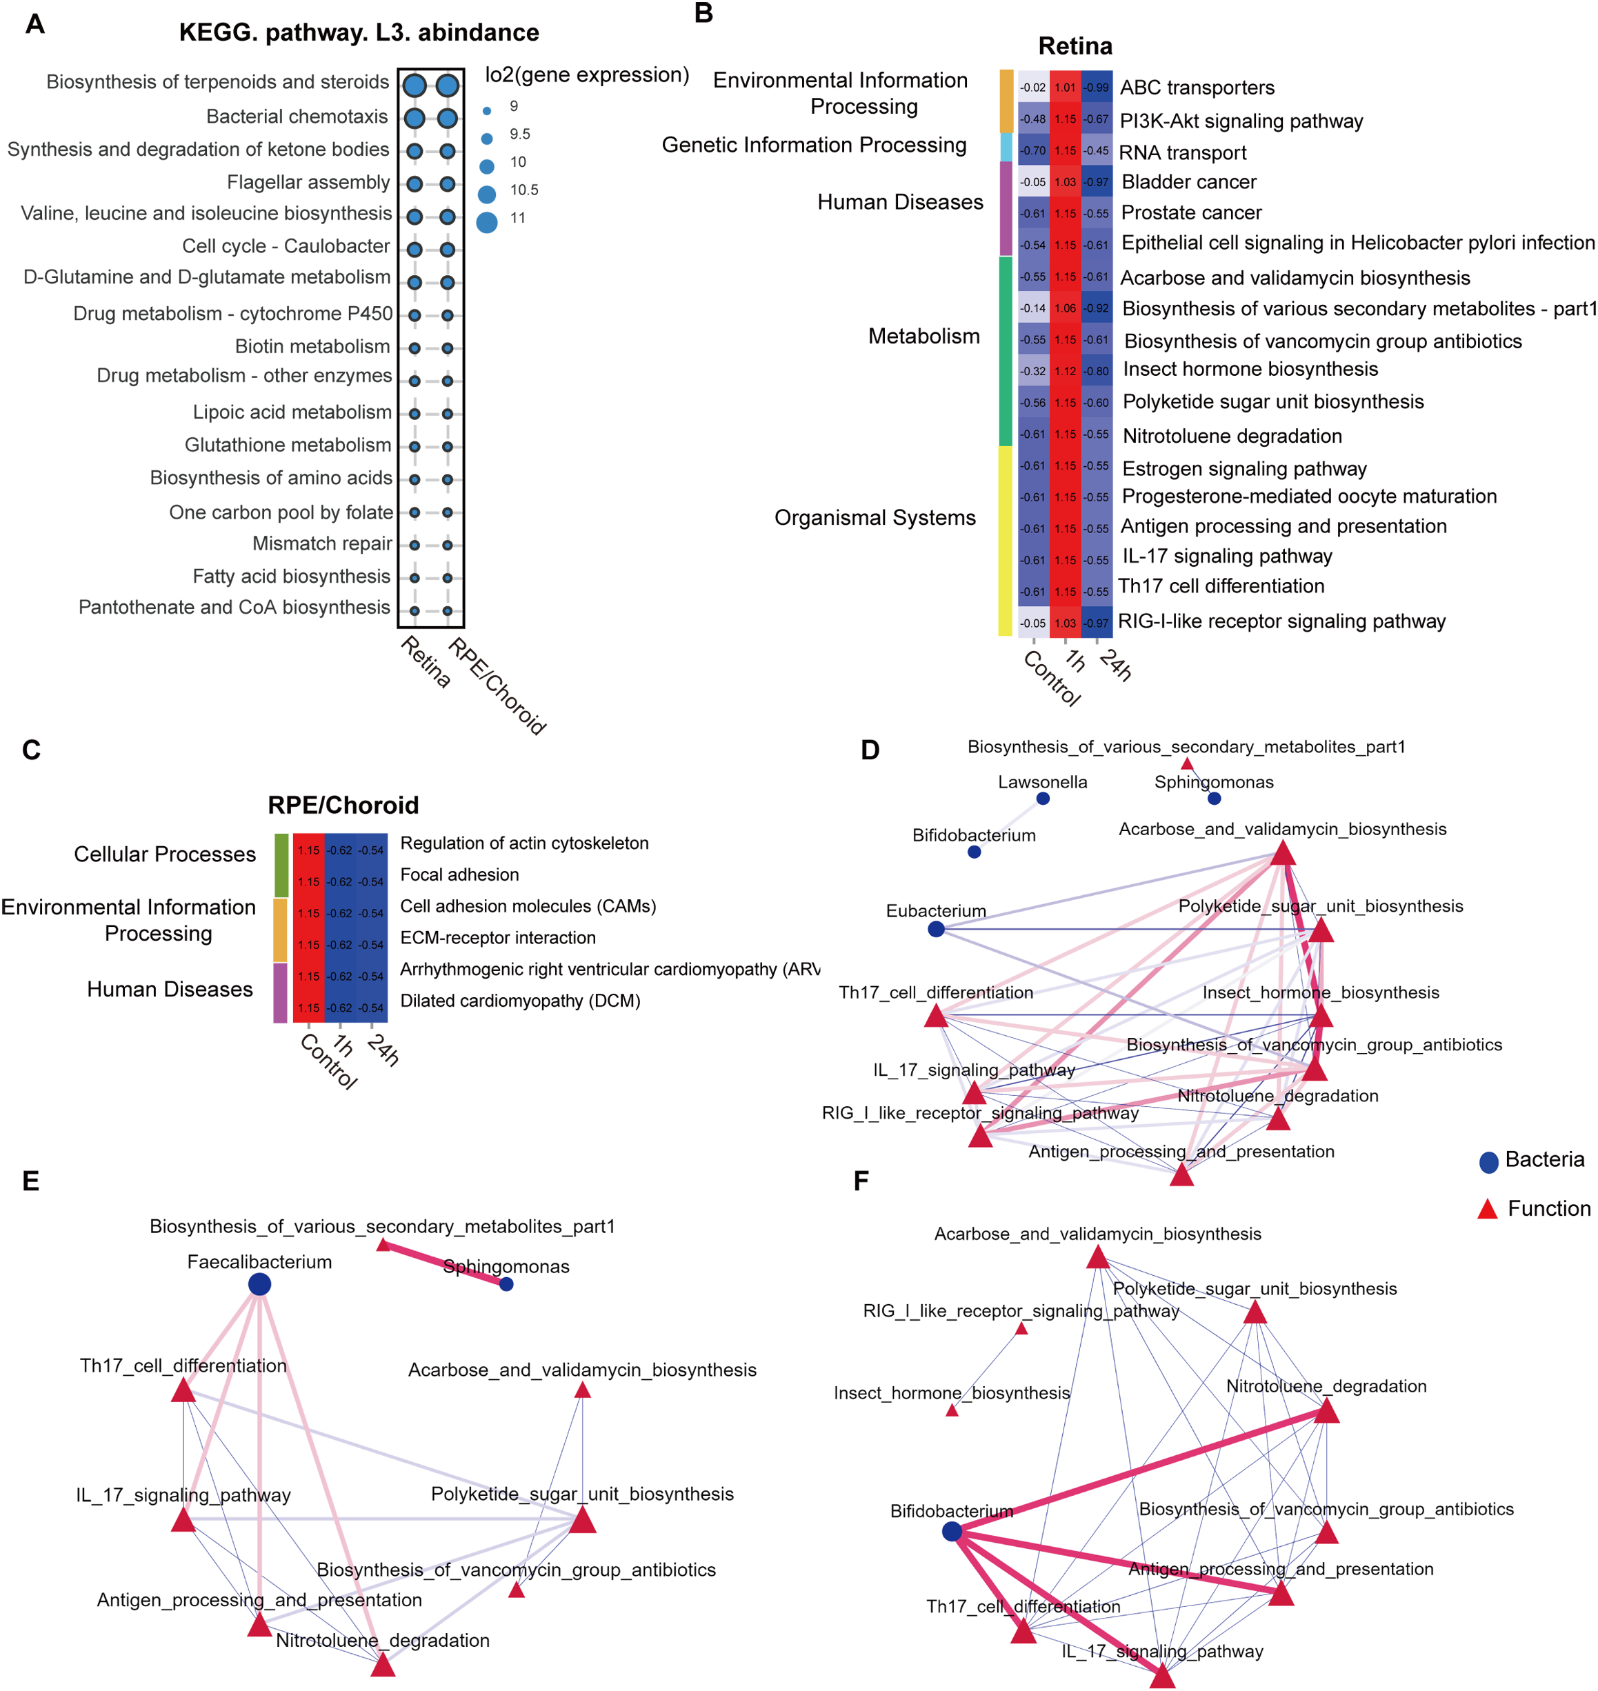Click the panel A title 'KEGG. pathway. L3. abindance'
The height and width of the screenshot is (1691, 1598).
[359, 32]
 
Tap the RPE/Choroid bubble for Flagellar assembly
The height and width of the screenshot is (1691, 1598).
[447, 183]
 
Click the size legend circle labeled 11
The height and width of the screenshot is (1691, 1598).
[486, 222]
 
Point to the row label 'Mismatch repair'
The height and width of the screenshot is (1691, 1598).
[322, 543]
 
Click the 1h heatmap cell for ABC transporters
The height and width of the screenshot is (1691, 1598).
[1065, 87]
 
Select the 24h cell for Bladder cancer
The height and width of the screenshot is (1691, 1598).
[1097, 181]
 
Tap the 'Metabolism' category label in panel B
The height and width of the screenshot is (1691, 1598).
[923, 337]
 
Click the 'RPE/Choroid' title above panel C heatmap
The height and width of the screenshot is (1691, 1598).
[343, 805]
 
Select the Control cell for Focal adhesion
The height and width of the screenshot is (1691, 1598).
[308, 881]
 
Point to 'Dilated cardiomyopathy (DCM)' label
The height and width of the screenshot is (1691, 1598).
[519, 1001]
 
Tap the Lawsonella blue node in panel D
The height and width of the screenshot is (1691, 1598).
[1043, 798]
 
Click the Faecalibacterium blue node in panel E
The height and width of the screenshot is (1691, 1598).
[260, 1285]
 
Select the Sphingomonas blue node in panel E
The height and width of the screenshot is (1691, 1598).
[506, 1285]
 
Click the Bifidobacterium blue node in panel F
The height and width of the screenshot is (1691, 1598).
[952, 1532]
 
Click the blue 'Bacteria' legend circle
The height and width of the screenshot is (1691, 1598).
[1488, 1162]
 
